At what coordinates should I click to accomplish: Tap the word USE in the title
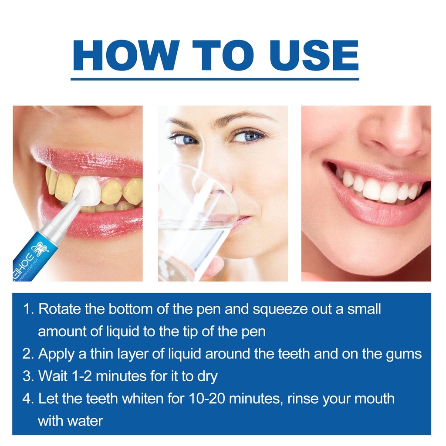[x=314, y=55]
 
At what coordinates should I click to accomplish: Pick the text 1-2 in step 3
[x=82, y=376]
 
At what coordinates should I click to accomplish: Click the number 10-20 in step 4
[x=207, y=399]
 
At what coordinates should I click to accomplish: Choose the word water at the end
[x=85, y=421]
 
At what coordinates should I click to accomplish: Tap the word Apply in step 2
[x=56, y=355]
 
